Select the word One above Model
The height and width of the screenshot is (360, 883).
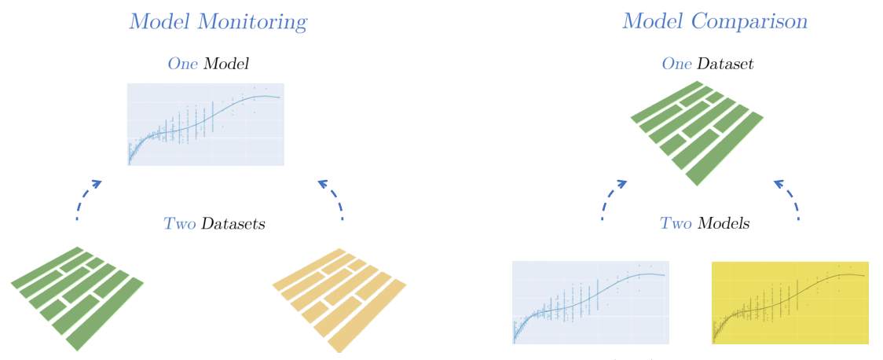click(183, 64)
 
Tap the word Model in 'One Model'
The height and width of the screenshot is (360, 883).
click(226, 64)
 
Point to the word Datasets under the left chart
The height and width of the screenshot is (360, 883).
click(233, 224)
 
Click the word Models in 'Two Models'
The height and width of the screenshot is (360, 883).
click(723, 224)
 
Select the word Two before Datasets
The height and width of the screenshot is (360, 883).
click(179, 224)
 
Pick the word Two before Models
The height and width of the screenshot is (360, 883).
click(676, 224)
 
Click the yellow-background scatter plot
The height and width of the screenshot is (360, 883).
click(790, 303)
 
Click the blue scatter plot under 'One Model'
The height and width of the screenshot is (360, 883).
click(206, 124)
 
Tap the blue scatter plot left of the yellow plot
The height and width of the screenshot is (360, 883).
click(590, 303)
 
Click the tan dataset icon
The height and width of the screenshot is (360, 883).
click(339, 299)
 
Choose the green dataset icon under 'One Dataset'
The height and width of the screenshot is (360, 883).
click(697, 131)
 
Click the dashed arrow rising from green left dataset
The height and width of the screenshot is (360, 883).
click(85, 198)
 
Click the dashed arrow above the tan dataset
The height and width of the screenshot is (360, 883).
click(333, 198)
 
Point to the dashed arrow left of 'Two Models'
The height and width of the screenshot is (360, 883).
click(611, 198)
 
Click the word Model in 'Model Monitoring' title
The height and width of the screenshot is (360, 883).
click(160, 22)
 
